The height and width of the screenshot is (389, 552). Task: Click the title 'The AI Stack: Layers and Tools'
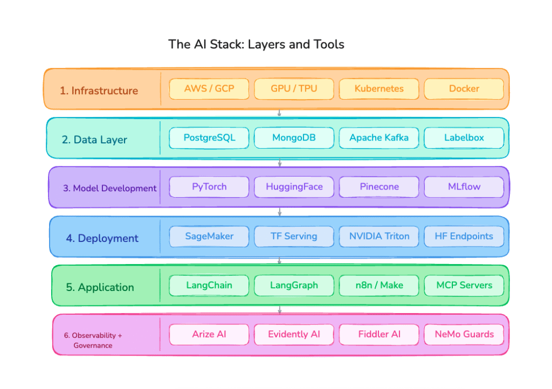tap(256, 44)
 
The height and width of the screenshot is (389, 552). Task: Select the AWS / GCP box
tap(209, 89)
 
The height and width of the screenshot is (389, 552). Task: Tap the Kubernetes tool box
tap(379, 89)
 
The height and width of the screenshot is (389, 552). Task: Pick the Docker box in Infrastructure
tap(464, 89)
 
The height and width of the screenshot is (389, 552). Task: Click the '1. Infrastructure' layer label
tap(99, 91)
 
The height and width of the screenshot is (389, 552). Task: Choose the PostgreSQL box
tap(209, 138)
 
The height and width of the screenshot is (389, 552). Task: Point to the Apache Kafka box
tap(379, 138)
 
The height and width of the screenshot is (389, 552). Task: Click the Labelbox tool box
tap(464, 138)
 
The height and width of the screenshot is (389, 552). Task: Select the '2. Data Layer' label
tap(94, 140)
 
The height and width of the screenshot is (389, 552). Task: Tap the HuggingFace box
tap(294, 187)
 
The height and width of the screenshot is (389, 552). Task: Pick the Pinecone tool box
tap(379, 187)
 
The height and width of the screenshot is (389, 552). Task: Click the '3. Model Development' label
tap(110, 189)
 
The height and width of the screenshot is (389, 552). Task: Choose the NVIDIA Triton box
tap(379, 236)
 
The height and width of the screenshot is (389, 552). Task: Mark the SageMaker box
tap(209, 236)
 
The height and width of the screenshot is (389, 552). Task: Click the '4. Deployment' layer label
tap(102, 238)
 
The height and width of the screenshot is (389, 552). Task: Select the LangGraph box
tap(294, 285)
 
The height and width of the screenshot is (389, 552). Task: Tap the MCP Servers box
tap(464, 285)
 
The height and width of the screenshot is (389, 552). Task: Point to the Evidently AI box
tap(294, 334)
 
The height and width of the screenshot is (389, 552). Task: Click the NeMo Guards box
tap(464, 334)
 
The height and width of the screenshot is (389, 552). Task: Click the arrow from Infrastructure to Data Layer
tap(279, 113)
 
